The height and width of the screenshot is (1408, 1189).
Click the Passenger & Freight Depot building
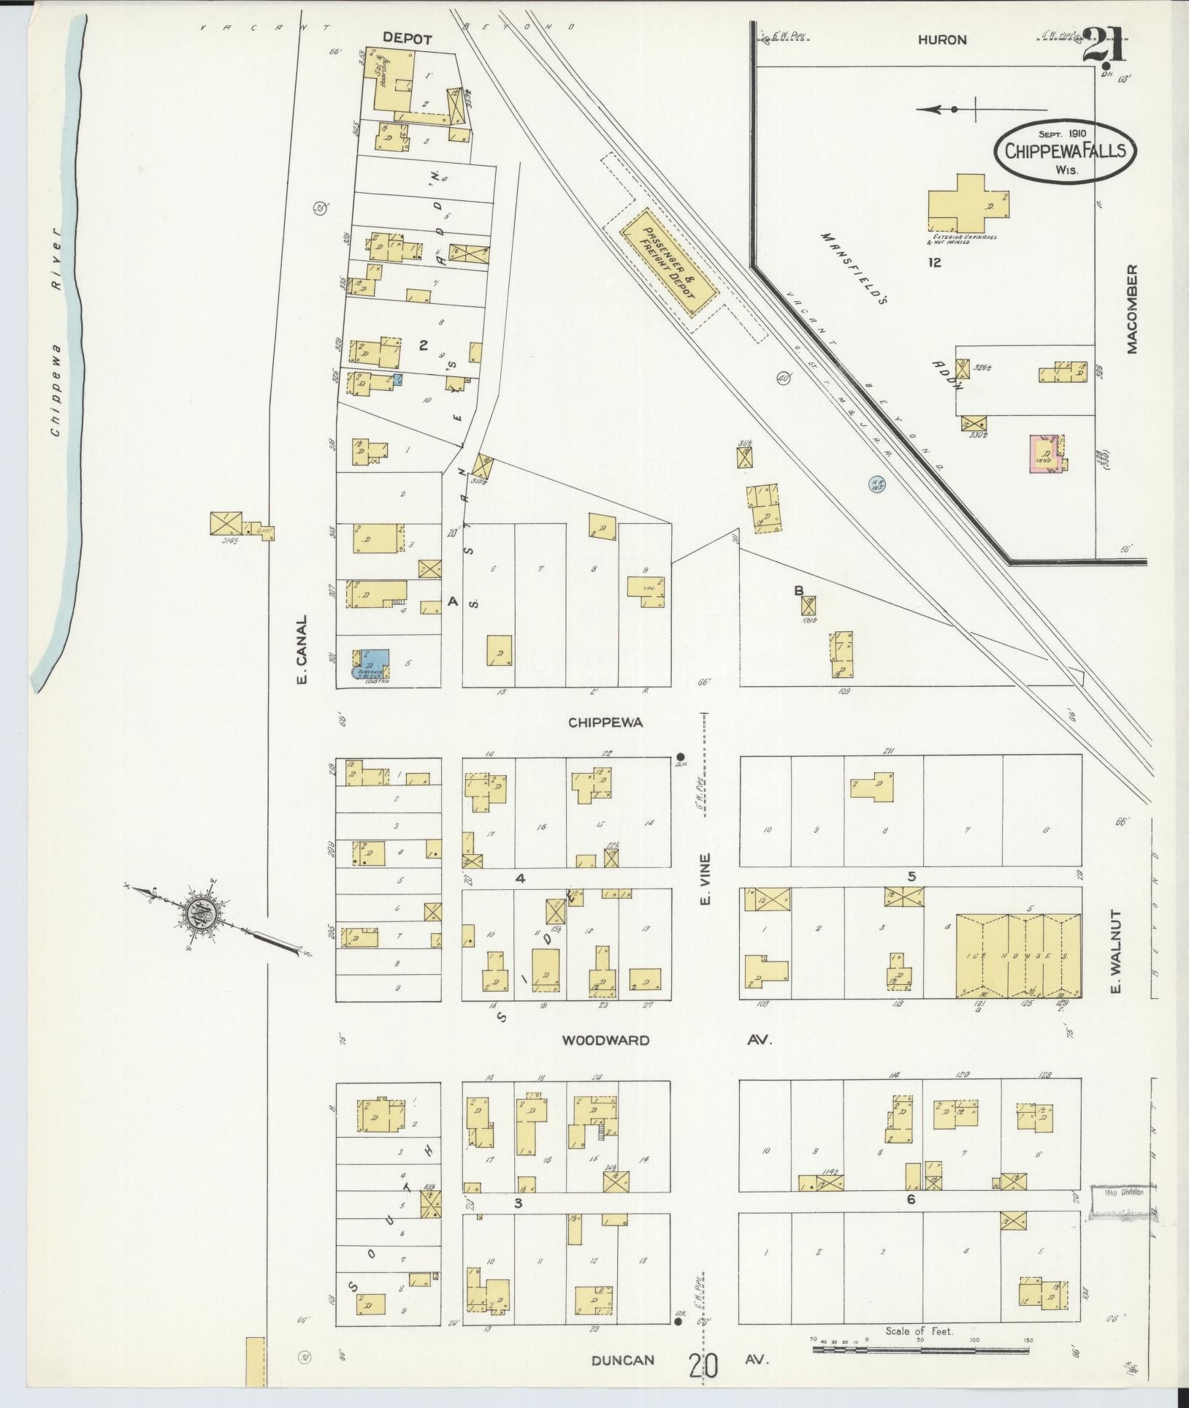click(669, 262)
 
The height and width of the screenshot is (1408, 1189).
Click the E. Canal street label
click(302, 649)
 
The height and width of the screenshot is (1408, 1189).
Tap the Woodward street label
click(605, 1040)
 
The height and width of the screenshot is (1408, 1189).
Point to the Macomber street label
click(1133, 309)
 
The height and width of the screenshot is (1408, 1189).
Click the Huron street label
click(942, 41)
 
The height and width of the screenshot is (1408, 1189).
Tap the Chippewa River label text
click(58, 335)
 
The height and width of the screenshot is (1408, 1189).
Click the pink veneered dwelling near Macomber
click(1045, 455)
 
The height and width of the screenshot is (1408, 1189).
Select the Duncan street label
click(622, 1360)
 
